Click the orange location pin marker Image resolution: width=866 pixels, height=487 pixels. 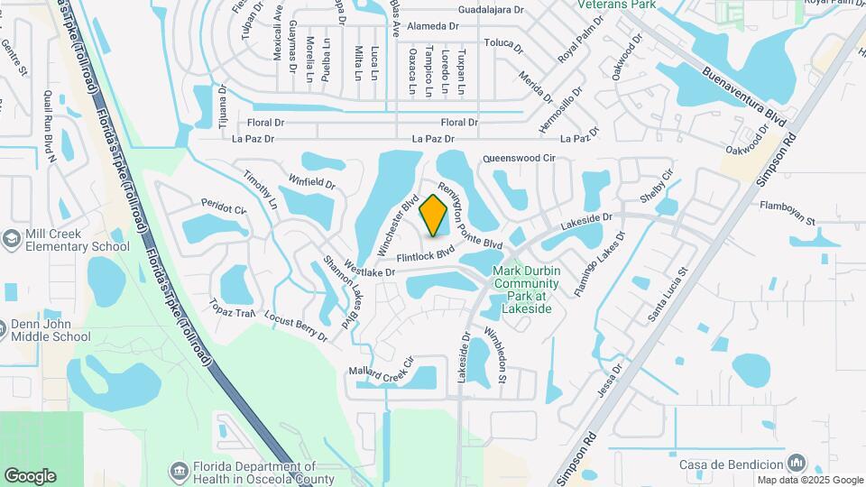[434, 215]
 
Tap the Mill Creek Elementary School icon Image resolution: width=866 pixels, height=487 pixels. [12, 239]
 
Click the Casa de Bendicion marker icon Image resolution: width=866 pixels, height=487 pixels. [797, 463]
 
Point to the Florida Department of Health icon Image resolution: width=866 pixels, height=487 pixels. [178, 472]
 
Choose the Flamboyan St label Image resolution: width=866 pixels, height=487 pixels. [788, 219]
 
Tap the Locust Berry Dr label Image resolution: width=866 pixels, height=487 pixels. [296, 326]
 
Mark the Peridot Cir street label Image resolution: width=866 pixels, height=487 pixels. [224, 207]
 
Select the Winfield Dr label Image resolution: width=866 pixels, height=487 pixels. [312, 181]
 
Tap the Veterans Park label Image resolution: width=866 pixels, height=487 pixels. [631, 5]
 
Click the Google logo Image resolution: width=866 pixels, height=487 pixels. [30, 475]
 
